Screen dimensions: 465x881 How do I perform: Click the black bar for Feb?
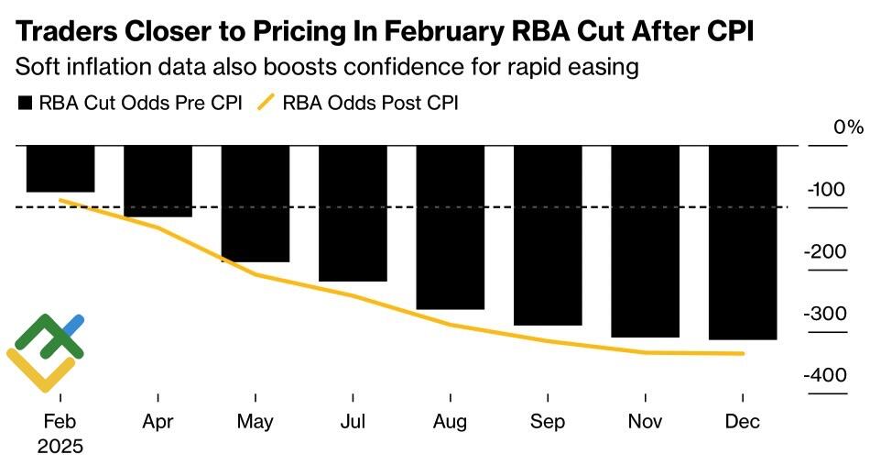pyautogui.click(x=60, y=169)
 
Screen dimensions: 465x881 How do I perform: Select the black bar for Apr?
pyautogui.click(x=158, y=181)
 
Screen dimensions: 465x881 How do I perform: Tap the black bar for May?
pyautogui.click(x=256, y=204)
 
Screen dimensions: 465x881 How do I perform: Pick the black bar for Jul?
pyautogui.click(x=353, y=213)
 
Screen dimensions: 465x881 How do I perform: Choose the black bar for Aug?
pyautogui.click(x=451, y=227)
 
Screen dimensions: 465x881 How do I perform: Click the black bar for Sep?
pyautogui.click(x=548, y=235)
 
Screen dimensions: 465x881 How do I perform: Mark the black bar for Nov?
pyautogui.click(x=646, y=241)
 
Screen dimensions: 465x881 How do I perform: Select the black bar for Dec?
pyautogui.click(x=743, y=242)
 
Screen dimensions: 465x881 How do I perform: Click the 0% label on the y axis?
pyautogui.click(x=848, y=127)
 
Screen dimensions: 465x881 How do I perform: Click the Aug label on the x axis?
pyautogui.click(x=451, y=422)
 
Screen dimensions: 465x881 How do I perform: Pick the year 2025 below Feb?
pyautogui.click(x=60, y=448)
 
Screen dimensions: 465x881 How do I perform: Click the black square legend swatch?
pyautogui.click(x=25, y=103)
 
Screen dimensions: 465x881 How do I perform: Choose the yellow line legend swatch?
pyautogui.click(x=265, y=103)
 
